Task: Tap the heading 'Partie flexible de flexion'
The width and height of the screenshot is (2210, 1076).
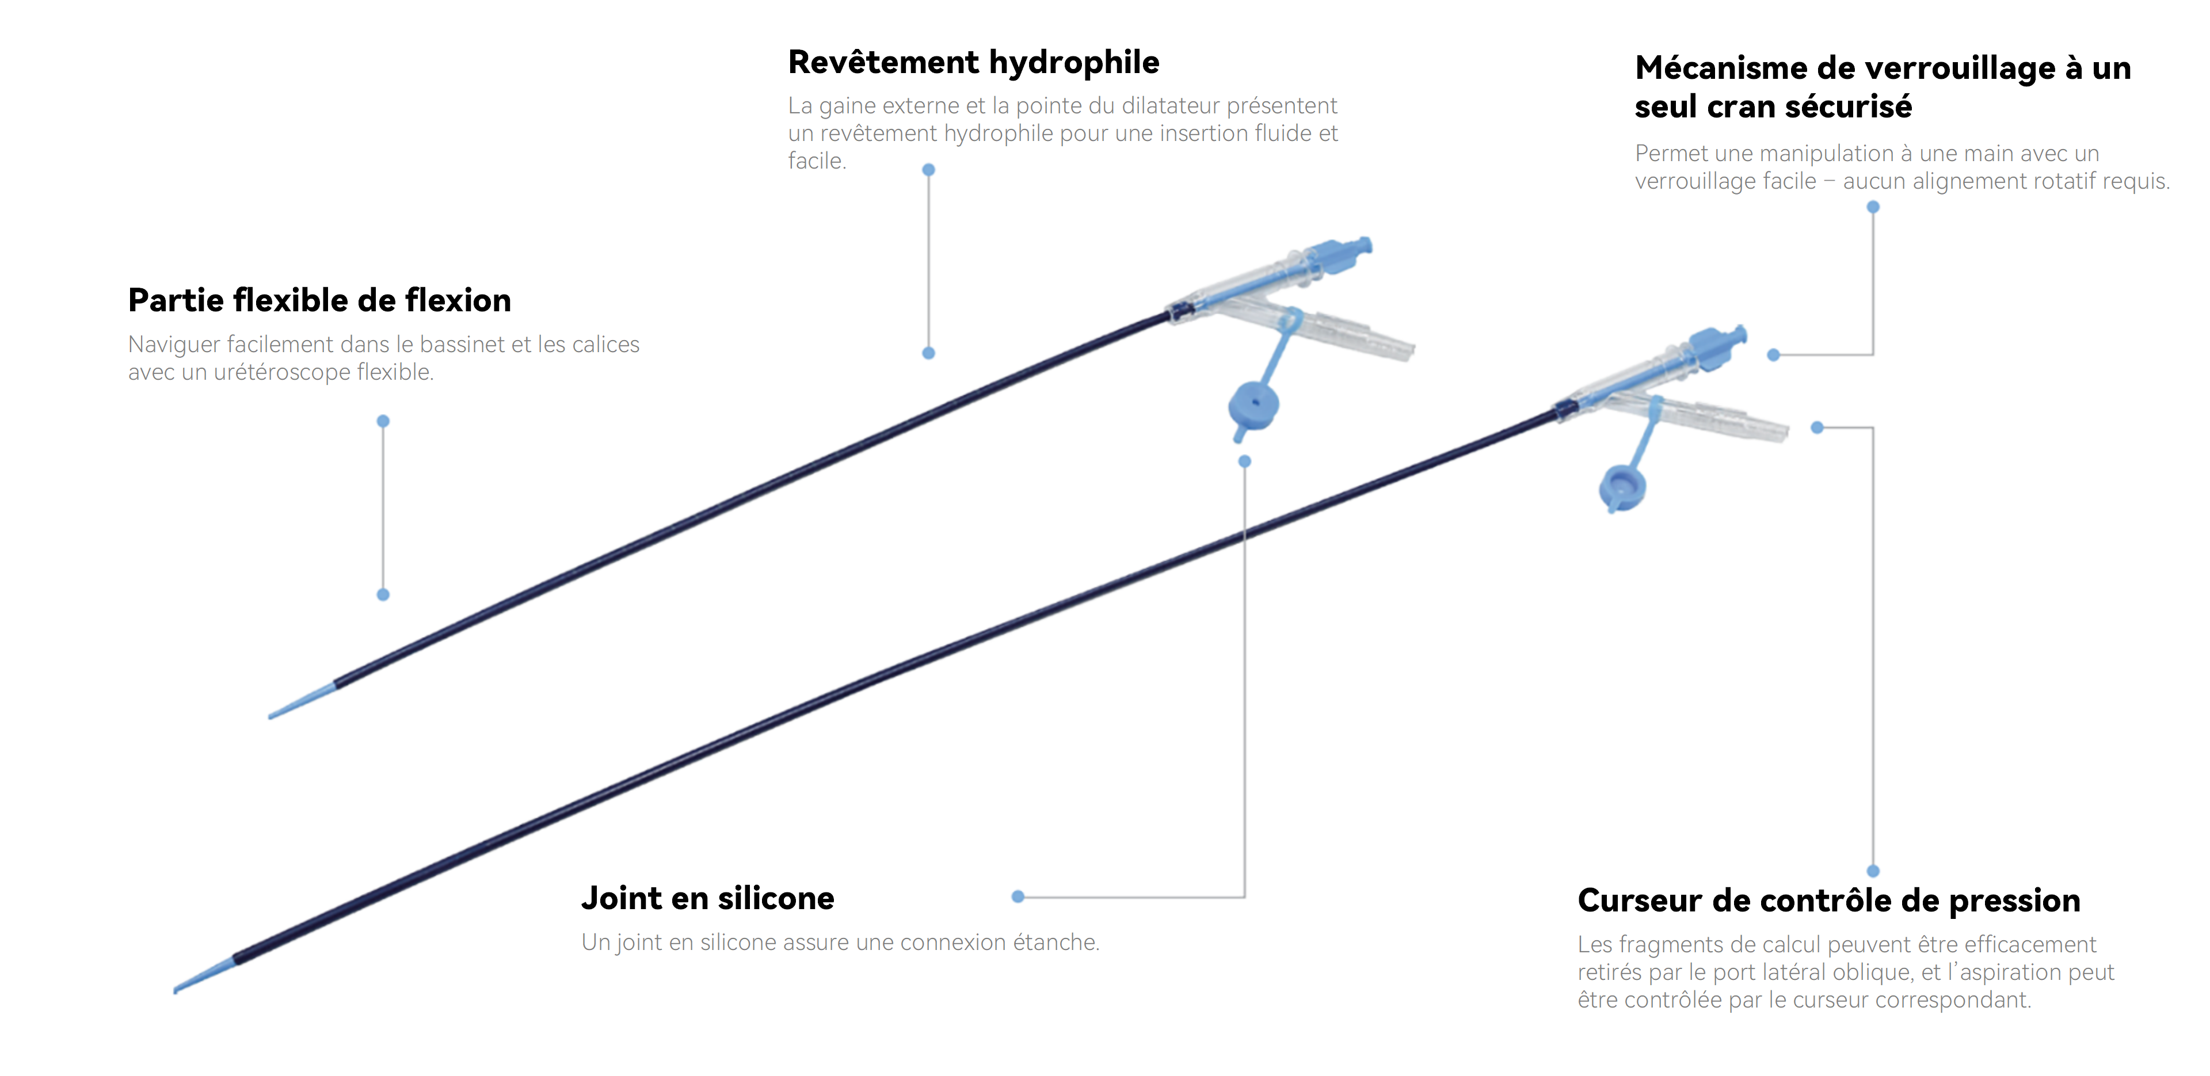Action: pos(319,301)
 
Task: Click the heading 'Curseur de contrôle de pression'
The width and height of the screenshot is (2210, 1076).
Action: pos(1828,901)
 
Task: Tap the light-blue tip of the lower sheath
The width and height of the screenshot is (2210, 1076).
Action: pos(204,976)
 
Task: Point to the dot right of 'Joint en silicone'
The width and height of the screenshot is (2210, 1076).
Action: pos(1018,896)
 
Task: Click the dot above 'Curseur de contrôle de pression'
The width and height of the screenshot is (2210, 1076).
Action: pos(1873,871)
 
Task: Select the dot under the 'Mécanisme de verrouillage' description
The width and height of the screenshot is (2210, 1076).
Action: pos(1873,207)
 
